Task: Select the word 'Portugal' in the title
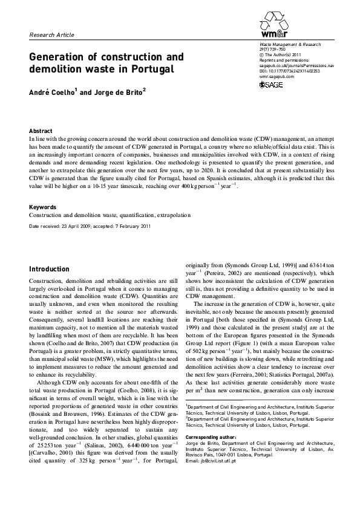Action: click(152, 70)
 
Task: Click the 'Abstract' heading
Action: click(41, 131)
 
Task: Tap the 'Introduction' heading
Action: click(50, 269)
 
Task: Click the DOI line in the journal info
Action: click(289, 71)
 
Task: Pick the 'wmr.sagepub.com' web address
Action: click(276, 77)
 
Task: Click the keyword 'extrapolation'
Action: click(173, 215)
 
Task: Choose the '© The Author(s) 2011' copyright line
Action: click(278, 56)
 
